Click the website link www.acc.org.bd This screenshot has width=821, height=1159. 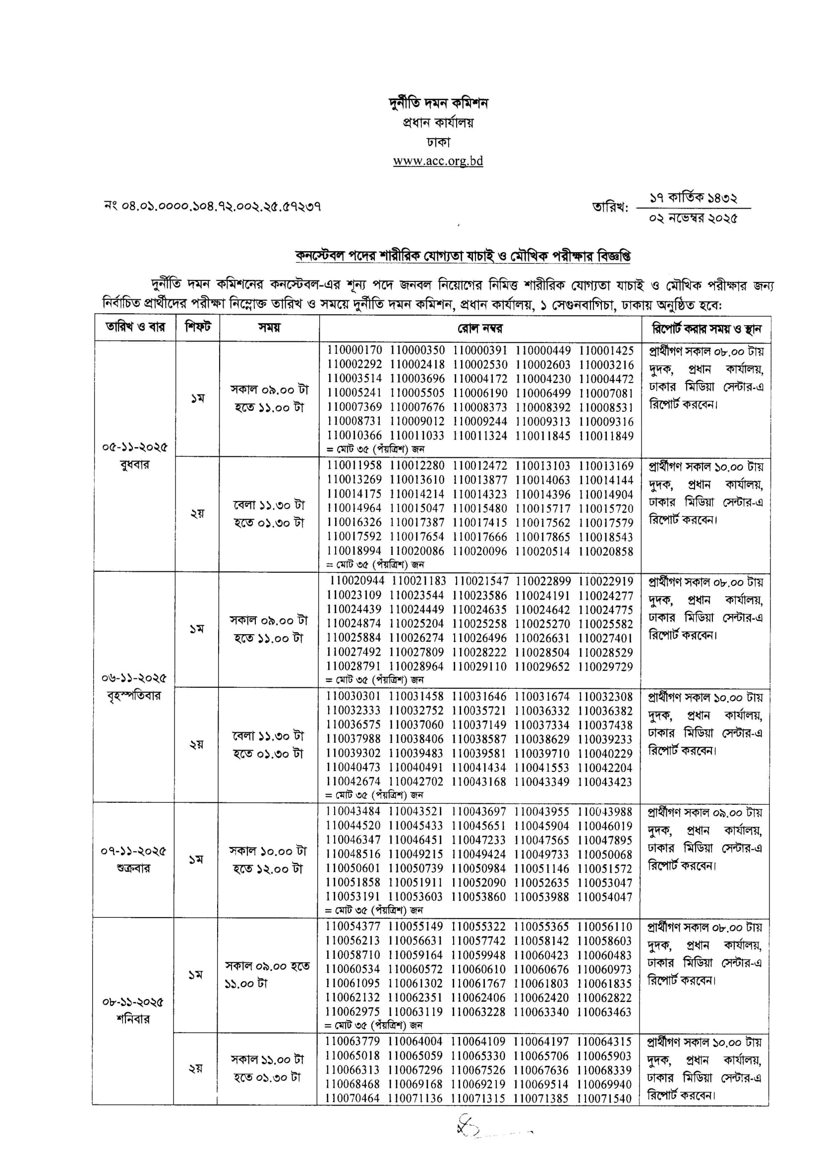point(438,161)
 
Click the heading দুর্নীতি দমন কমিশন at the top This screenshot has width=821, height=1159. point(438,103)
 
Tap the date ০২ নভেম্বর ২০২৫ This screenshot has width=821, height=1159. point(693,218)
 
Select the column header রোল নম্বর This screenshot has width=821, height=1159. point(480,329)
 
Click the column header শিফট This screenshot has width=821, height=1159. point(198,327)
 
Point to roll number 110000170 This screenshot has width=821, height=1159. point(354,350)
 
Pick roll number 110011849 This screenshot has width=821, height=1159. point(606,436)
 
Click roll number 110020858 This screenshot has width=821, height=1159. point(606,551)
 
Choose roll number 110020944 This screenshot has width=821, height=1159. point(357,581)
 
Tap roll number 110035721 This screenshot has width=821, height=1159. point(479,711)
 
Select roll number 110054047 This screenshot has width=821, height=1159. point(605,897)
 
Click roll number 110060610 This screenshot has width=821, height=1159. point(478,969)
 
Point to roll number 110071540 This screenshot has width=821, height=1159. point(604,1099)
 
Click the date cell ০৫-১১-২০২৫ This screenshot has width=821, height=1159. point(134,447)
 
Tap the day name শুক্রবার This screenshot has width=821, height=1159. point(133,869)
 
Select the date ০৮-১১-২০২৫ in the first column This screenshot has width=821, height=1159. point(133,1002)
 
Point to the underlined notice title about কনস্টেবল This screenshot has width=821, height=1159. point(463,256)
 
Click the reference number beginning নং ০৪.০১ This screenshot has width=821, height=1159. point(212,206)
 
